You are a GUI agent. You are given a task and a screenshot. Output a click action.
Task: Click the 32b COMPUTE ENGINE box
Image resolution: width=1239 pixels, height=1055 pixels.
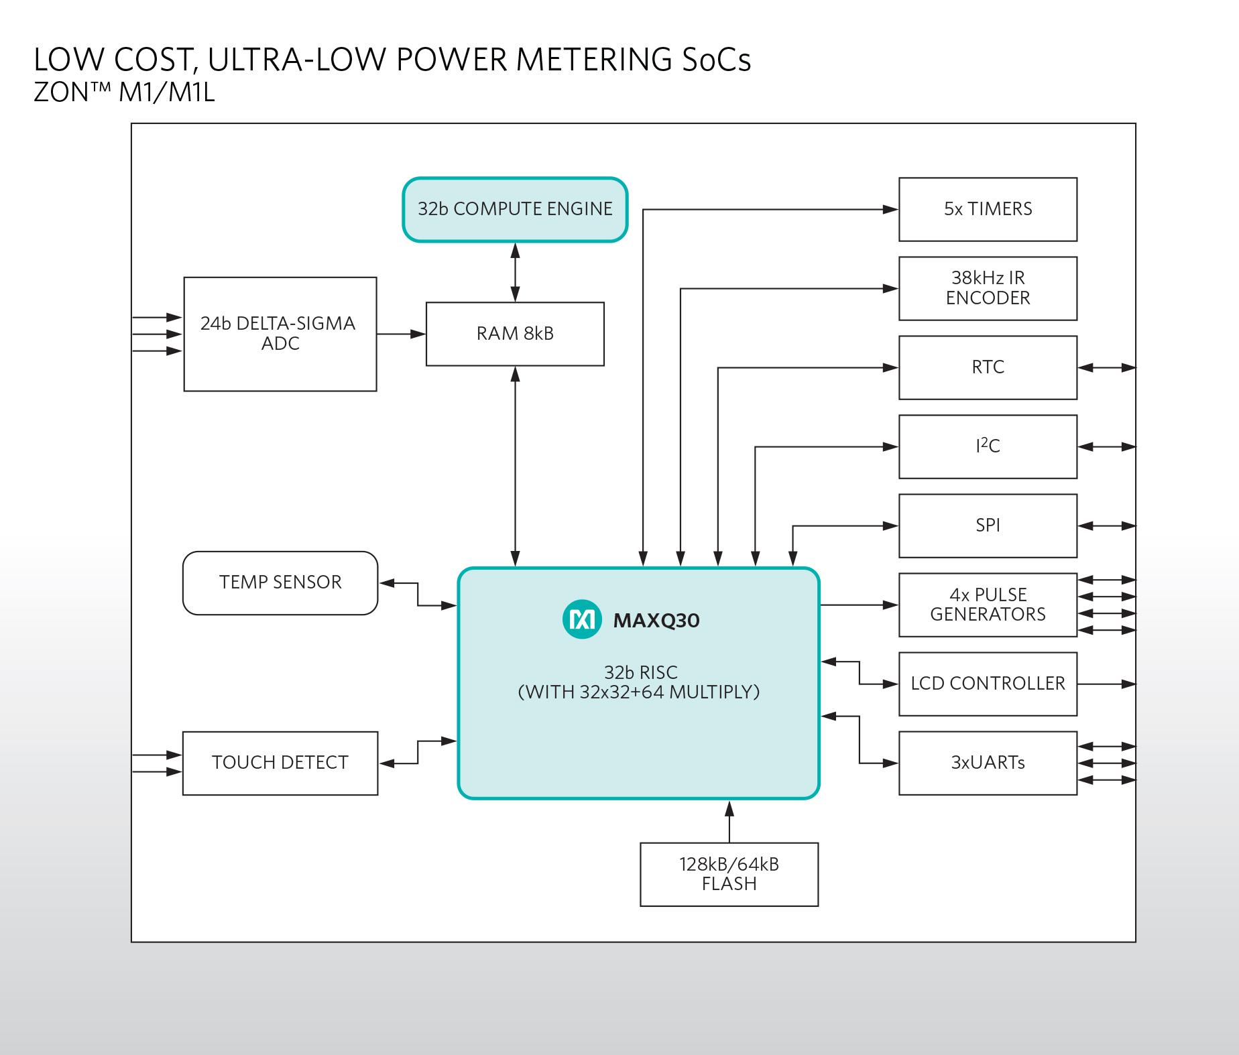(515, 209)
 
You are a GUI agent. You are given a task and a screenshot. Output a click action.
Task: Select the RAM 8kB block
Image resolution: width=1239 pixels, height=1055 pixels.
(515, 334)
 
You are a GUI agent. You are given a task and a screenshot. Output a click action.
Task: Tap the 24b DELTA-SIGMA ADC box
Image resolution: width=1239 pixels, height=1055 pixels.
(280, 334)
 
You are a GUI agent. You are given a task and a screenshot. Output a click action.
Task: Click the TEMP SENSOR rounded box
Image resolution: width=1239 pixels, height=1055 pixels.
(280, 582)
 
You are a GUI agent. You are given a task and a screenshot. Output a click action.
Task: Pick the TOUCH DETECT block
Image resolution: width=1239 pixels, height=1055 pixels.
(280, 763)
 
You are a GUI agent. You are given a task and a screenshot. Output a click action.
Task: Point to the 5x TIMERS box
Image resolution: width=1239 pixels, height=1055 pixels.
(988, 209)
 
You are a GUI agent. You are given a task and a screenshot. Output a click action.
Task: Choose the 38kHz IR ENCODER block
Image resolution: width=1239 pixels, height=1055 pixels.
(988, 288)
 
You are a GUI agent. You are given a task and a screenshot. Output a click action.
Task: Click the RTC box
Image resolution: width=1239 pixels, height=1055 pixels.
(988, 367)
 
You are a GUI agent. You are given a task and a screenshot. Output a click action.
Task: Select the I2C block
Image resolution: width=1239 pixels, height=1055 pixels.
(988, 446)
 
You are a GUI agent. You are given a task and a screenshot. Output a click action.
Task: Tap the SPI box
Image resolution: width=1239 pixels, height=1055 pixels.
(988, 525)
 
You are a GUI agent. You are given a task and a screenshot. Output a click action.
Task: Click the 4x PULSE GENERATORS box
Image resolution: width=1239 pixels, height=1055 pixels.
(988, 605)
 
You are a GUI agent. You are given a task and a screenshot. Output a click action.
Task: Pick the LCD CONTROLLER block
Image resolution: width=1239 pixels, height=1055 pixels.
(988, 684)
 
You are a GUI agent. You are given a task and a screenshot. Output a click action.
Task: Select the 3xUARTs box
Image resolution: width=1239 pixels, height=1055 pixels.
(988, 763)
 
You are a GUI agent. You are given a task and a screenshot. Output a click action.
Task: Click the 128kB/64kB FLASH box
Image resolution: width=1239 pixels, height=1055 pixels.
(729, 874)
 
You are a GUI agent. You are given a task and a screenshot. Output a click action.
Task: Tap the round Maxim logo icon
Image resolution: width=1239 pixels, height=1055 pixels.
(582, 619)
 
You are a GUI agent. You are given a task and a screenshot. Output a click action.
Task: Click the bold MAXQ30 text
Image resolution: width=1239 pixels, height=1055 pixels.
(656, 621)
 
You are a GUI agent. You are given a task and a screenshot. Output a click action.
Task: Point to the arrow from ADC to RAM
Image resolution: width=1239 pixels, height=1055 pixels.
(401, 334)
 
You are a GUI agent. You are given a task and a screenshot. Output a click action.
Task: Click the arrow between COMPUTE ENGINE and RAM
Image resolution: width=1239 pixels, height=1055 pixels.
(515, 272)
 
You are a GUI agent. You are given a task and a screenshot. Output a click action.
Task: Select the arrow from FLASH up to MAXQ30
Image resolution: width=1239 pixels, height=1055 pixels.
(729, 821)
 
